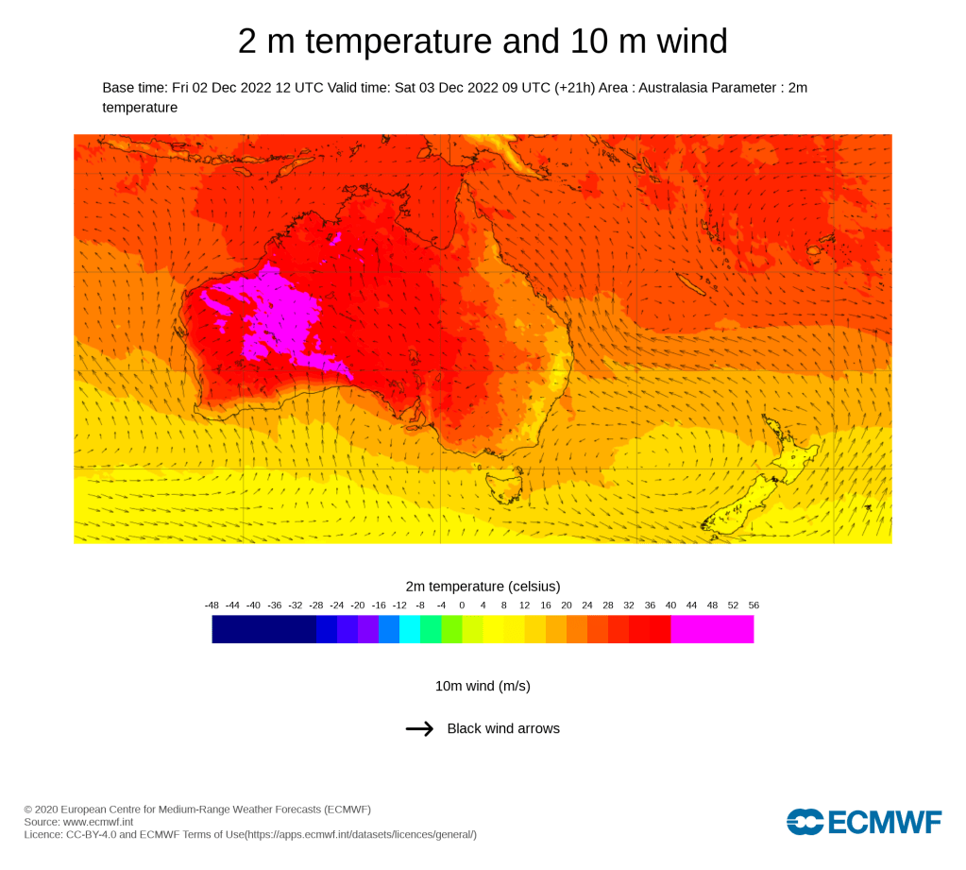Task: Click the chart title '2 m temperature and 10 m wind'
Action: (483, 42)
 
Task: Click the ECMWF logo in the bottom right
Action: (863, 822)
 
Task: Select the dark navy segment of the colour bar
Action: (263, 629)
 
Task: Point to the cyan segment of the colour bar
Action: (410, 629)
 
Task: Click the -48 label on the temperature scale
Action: (212, 605)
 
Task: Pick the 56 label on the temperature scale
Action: (753, 605)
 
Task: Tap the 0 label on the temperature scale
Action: (462, 605)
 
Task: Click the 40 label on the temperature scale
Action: (670, 605)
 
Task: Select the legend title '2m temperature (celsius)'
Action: (483, 586)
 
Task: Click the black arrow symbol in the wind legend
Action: (419, 728)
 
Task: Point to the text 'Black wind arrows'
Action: (503, 728)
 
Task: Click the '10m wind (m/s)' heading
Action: (483, 686)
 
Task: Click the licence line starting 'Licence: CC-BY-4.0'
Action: (250, 834)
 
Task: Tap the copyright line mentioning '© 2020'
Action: (197, 810)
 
